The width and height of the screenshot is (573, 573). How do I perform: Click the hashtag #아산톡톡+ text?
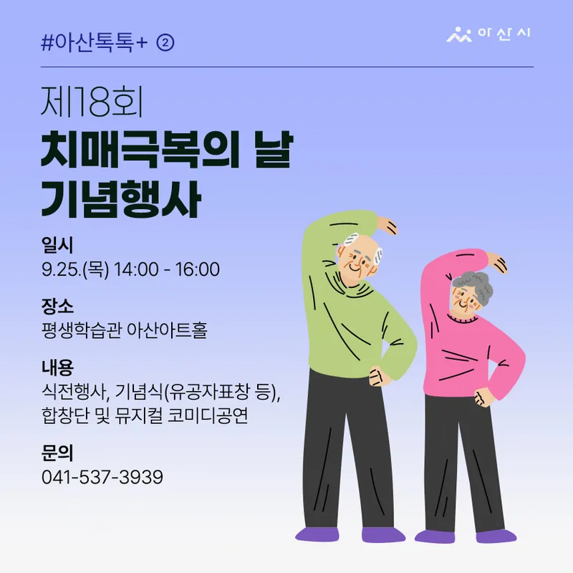pos(95,43)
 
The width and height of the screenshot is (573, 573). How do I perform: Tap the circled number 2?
pos(165,43)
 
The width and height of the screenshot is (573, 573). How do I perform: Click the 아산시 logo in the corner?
pos(488,34)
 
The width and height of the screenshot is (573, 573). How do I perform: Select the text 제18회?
pos(92,102)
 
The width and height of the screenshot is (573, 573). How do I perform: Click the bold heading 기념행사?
pos(121,199)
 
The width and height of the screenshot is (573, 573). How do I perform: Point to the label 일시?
pos(57,245)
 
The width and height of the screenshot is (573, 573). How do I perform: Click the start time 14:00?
pos(136,269)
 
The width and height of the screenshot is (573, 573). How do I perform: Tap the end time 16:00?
pos(198,269)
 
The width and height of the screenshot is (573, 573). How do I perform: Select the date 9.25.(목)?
pos(75,270)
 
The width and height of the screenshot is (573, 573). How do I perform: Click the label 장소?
pos(57,307)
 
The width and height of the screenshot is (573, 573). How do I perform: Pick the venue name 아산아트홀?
pos(167,330)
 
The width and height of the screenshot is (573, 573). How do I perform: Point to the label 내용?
pos(57,367)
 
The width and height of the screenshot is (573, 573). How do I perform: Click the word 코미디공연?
pos(208,415)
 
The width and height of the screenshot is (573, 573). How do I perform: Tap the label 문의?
pos(57,453)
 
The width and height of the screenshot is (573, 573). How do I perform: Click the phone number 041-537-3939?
pos(102,477)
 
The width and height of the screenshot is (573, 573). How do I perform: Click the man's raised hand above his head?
pos(386,225)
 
